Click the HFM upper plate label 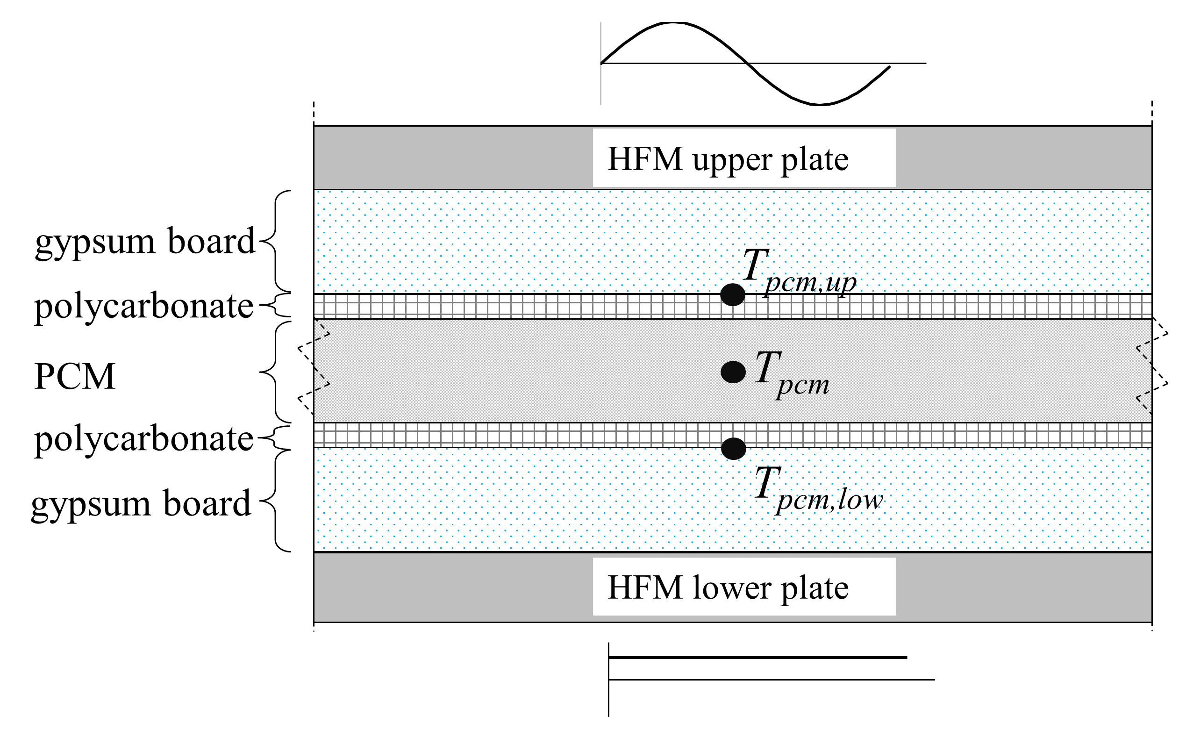(x=728, y=159)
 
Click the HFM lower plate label (x=728, y=587)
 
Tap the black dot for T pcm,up (x=732, y=295)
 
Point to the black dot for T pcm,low (x=734, y=449)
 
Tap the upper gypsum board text (x=145, y=242)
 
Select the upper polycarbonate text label (x=143, y=307)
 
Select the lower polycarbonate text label (x=143, y=439)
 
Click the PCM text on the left (x=75, y=377)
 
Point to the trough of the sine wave (x=819, y=104)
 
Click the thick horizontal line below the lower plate (x=757, y=658)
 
